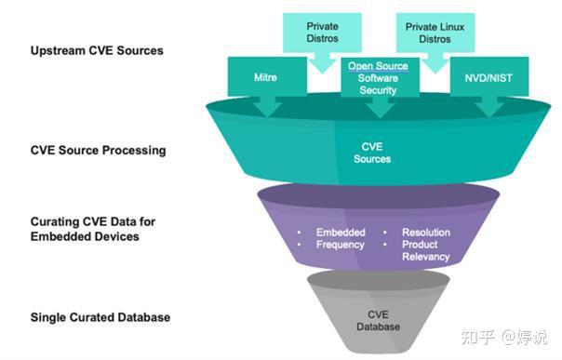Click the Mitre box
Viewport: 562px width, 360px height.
click(x=267, y=76)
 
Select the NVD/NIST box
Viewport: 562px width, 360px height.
click(x=489, y=76)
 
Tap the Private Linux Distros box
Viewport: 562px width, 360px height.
click(x=435, y=33)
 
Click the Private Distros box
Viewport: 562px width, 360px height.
click(x=322, y=33)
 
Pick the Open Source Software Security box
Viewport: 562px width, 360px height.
click(x=380, y=77)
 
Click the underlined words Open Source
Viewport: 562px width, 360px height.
click(x=378, y=66)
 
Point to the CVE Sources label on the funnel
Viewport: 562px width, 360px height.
click(x=372, y=153)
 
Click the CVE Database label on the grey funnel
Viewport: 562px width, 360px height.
click(x=378, y=321)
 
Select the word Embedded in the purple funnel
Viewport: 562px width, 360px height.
click(x=341, y=233)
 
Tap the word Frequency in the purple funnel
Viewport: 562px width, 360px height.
click(x=341, y=245)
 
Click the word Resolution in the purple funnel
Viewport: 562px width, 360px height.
click(x=426, y=233)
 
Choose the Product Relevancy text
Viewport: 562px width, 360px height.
click(x=426, y=251)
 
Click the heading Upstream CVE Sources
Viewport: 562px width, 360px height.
click(x=97, y=50)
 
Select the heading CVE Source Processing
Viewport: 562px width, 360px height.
click(x=99, y=150)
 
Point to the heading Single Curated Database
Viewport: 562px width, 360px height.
click(x=100, y=317)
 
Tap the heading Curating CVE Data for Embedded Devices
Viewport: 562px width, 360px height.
click(x=93, y=229)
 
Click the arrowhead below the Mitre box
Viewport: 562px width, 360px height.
click(x=267, y=109)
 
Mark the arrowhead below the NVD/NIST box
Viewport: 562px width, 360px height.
click(x=489, y=110)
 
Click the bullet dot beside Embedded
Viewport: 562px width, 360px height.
click(x=300, y=233)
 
